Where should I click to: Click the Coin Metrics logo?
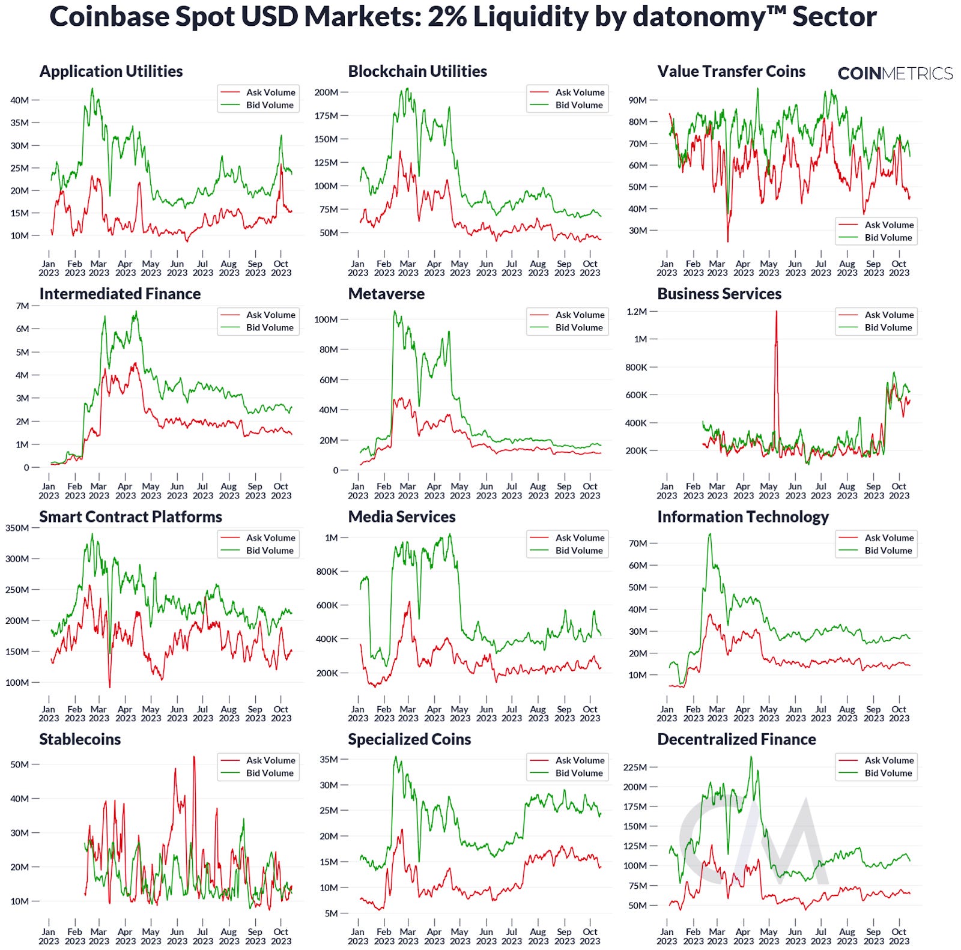[x=895, y=73]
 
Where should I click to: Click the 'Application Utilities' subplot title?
[x=111, y=71]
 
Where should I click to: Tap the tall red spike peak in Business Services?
[x=776, y=312]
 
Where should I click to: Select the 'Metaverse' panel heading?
[x=386, y=294]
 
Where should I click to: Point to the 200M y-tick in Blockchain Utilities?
[x=326, y=92]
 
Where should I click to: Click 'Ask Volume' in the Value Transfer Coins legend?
[x=889, y=225]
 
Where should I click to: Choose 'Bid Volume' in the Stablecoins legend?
[x=270, y=773]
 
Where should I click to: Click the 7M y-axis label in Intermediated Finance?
[x=22, y=306]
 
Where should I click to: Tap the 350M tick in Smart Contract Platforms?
[x=17, y=528]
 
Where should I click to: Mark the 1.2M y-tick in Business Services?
[x=636, y=312]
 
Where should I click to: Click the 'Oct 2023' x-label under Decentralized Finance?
[x=899, y=936]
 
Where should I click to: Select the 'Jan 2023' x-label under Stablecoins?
[x=49, y=936]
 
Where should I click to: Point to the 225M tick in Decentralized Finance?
[x=635, y=767]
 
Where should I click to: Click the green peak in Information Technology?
[x=710, y=534]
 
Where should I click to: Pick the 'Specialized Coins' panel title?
[x=409, y=740]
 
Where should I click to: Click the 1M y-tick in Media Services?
[x=332, y=538]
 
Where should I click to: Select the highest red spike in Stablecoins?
[x=194, y=757]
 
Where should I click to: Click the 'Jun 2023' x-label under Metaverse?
[x=486, y=491]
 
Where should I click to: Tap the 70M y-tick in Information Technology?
[x=637, y=543]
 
